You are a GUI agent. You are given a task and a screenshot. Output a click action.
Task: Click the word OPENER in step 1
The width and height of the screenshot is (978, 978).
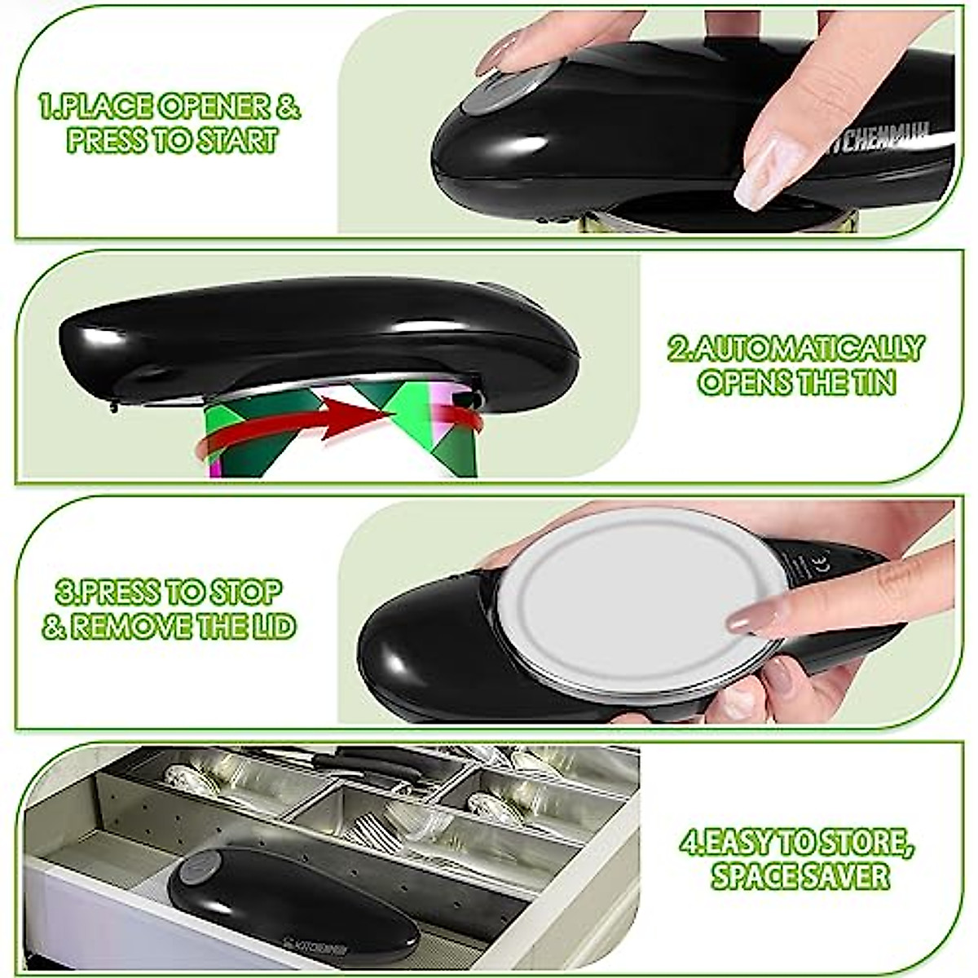(x=200, y=107)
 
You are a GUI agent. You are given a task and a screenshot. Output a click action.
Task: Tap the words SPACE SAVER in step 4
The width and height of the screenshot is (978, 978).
(x=800, y=876)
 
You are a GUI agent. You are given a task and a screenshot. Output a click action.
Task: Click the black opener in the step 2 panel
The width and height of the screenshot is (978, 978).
(x=318, y=334)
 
